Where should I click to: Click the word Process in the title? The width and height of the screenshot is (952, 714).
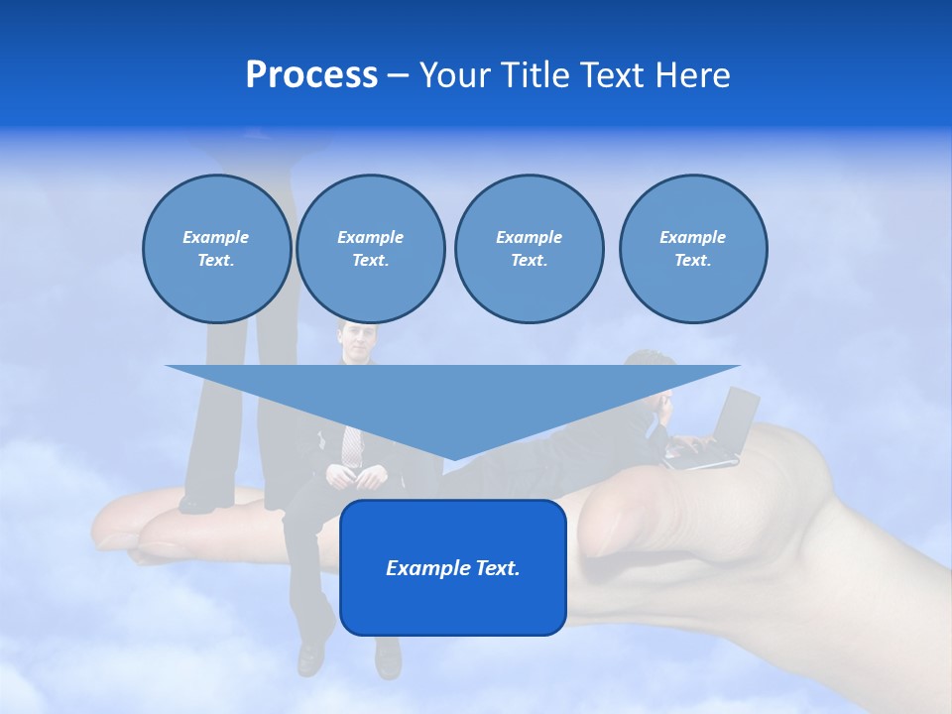[311, 75]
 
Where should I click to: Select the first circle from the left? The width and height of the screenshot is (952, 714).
[216, 249]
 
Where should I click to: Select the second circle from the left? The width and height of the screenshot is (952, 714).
[370, 249]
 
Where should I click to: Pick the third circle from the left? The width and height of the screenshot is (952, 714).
[529, 249]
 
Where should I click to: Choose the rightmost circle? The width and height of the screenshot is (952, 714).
[692, 249]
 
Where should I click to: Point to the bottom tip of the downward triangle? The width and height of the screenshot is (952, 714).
[453, 459]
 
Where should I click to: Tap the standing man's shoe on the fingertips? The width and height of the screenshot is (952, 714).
[196, 504]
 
